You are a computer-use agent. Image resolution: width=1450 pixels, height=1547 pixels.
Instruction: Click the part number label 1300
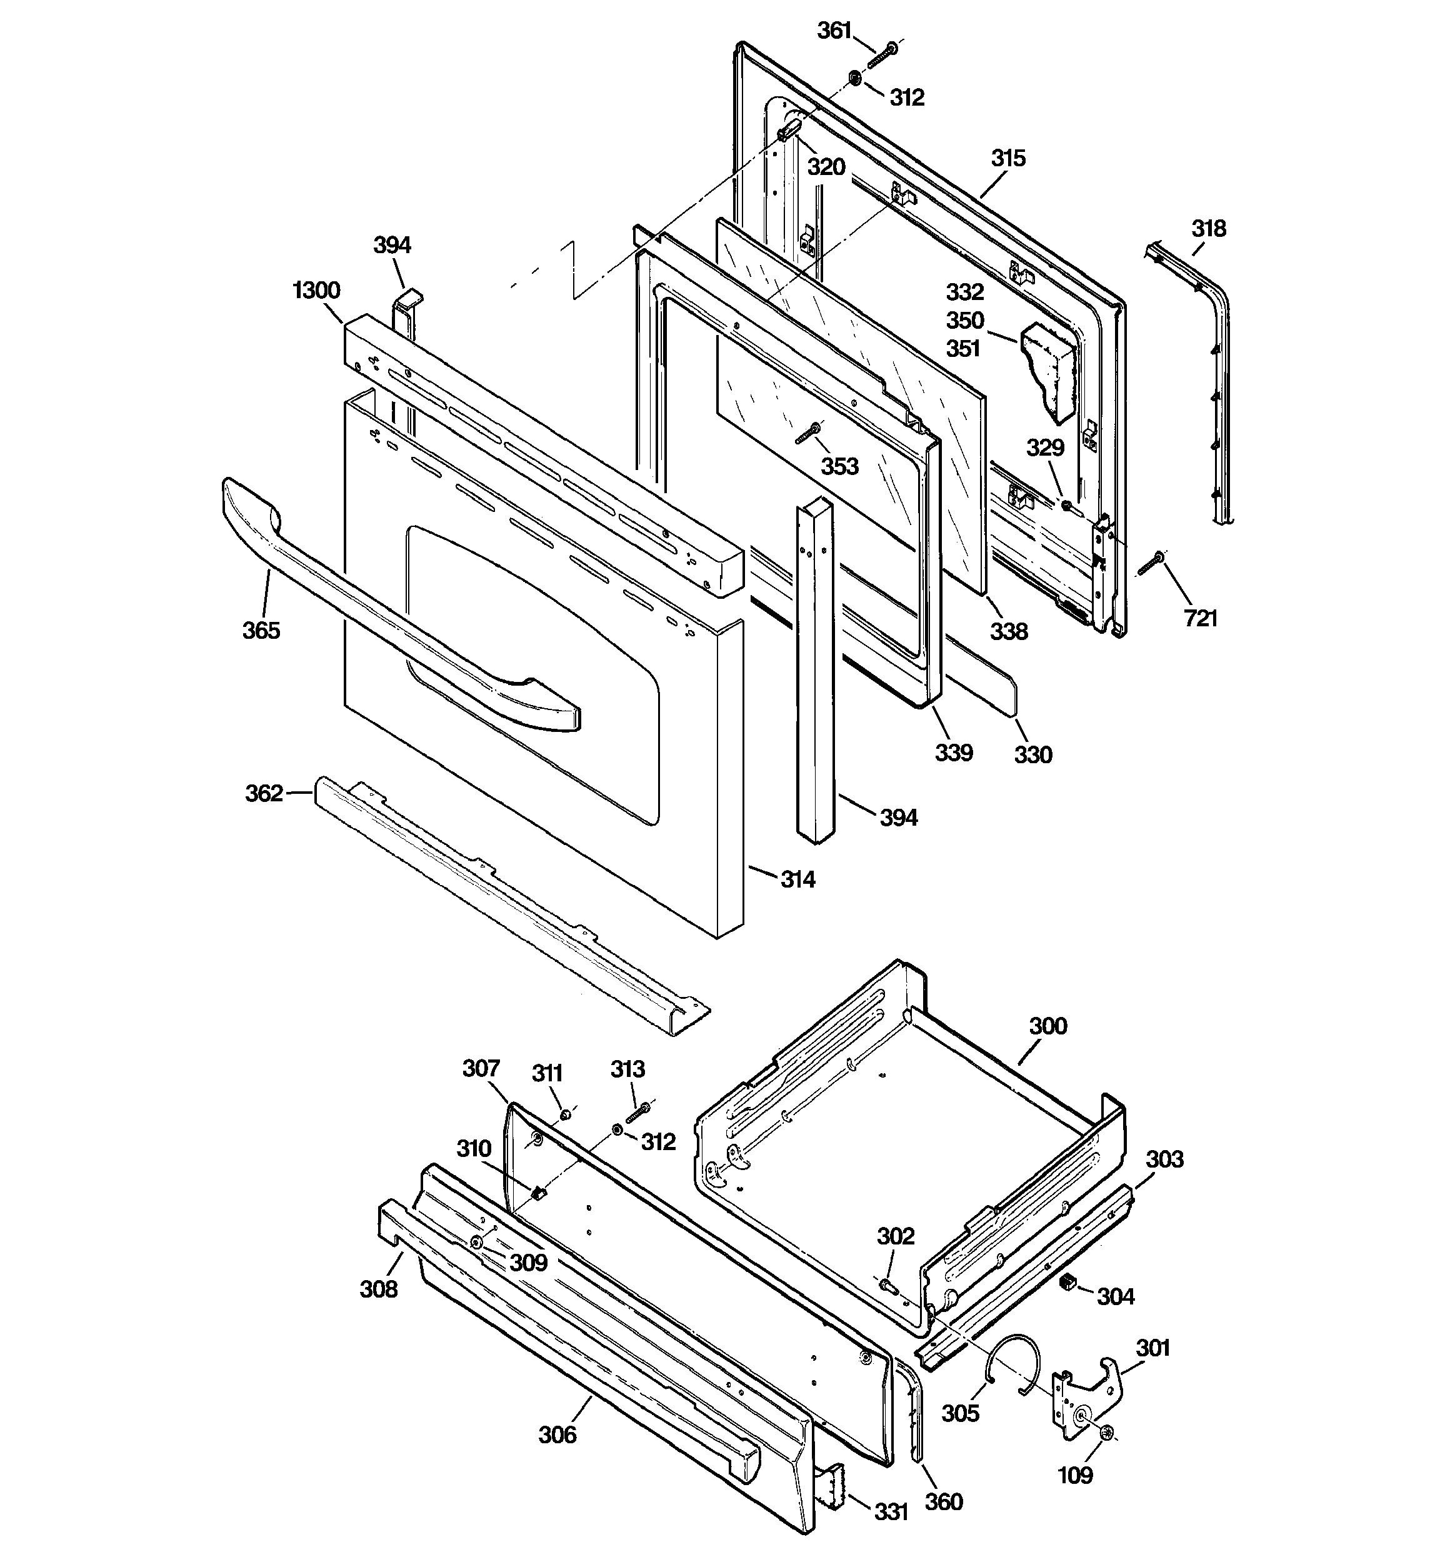tap(316, 290)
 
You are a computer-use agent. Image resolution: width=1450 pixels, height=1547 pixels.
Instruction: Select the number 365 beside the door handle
tap(261, 629)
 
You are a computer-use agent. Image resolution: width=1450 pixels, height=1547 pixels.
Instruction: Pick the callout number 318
tap(1208, 228)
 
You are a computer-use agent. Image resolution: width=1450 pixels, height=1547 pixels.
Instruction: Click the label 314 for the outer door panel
tap(797, 879)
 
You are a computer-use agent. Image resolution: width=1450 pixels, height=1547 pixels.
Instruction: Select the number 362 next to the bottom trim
tap(264, 793)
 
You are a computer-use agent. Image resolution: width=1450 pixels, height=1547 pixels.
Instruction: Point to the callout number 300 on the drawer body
tap(1047, 1026)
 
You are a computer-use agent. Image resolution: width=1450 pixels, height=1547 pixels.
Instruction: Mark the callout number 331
tap(891, 1510)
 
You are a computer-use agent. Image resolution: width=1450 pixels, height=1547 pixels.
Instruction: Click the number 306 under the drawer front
tap(557, 1433)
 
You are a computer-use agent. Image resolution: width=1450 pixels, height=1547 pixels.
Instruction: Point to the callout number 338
tap(1009, 631)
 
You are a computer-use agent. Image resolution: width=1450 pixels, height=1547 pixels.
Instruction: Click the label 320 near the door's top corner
tap(826, 166)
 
